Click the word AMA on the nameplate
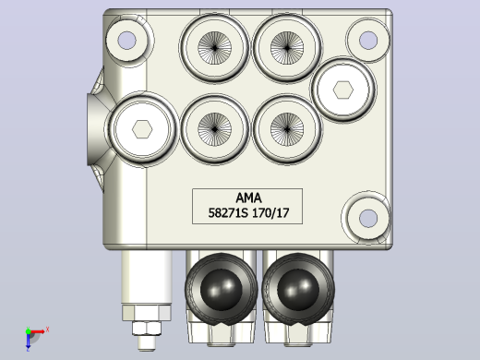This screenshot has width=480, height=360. (x=248, y=198)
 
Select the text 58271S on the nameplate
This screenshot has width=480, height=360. (x=228, y=213)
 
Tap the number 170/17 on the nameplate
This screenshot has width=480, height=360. (x=270, y=213)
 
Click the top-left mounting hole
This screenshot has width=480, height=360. (x=126, y=41)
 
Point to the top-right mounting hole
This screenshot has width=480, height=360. (x=368, y=40)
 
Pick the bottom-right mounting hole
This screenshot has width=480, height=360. (x=368, y=218)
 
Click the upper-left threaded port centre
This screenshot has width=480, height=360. (x=214, y=48)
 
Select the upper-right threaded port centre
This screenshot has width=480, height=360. (x=287, y=48)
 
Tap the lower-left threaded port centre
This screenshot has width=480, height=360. (x=214, y=129)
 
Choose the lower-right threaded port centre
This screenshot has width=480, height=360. (x=287, y=129)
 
